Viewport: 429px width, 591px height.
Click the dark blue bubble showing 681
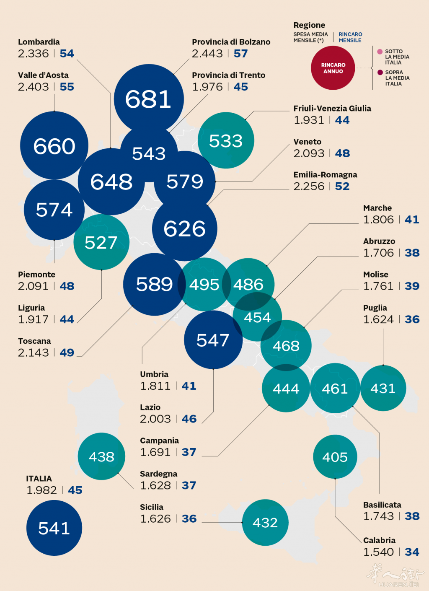coord(148,99)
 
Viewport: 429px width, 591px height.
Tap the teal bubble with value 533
coord(226,140)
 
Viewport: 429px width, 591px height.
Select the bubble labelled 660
coord(54,145)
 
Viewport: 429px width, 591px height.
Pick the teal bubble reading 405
coord(335,456)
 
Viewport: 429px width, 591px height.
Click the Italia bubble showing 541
coord(54,528)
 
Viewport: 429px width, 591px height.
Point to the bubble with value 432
coord(265,522)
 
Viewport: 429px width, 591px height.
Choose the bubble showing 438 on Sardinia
coord(101,456)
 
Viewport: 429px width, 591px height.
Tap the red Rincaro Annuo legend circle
coord(333,68)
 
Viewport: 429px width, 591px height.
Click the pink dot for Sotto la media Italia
coord(380,52)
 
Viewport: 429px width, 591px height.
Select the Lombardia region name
coord(39,42)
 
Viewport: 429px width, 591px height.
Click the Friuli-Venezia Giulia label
coord(332,109)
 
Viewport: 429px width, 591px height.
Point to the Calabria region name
coord(379,540)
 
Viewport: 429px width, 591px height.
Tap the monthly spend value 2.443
coord(207,54)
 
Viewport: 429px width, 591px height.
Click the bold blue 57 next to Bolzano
coord(241,54)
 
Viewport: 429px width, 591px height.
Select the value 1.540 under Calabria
coord(379,552)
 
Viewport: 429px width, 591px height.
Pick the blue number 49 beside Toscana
coord(67,353)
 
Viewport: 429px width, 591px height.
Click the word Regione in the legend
coord(309,25)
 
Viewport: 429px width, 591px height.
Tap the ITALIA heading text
coord(39,479)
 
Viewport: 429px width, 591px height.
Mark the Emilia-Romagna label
coord(325,175)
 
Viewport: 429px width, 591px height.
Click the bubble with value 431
coord(383,388)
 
